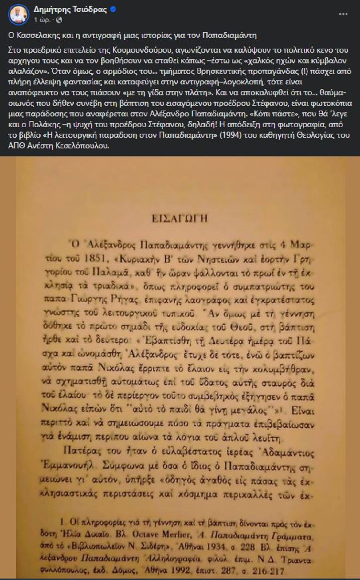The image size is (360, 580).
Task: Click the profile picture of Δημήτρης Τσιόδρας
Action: [x=18, y=15]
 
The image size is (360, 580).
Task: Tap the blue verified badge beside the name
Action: [x=113, y=10]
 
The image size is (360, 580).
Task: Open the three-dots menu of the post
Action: [x=343, y=14]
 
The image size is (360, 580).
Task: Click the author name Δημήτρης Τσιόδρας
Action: [x=70, y=10]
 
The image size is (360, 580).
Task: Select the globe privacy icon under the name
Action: [x=59, y=20]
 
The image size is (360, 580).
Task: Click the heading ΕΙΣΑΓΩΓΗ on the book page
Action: [x=180, y=218]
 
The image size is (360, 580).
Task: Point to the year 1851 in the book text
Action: [x=94, y=259]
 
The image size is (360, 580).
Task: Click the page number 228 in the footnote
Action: [x=248, y=547]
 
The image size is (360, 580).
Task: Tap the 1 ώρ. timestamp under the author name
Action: [x=42, y=20]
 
